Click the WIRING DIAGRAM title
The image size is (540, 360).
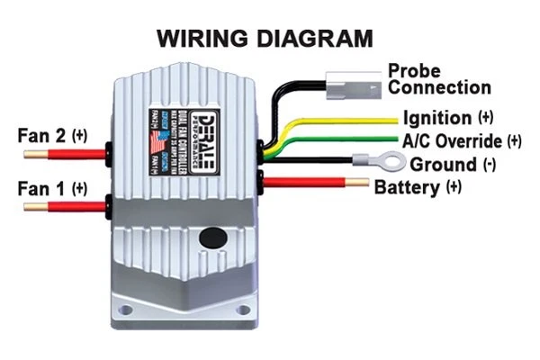coord(265,39)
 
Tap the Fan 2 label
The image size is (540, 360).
coord(52,136)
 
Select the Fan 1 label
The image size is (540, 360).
coord(52,189)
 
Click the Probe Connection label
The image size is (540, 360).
coord(439,79)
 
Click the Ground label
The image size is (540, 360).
coord(450,165)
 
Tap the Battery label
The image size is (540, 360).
coord(418,187)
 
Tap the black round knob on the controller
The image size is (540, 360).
coord(212,238)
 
